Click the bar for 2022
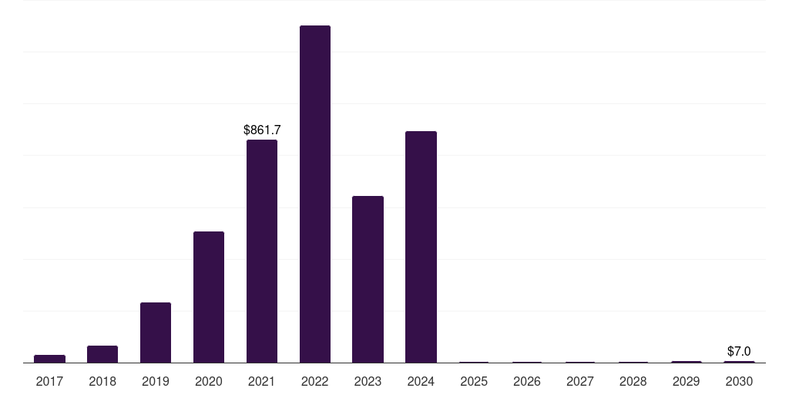click(x=315, y=194)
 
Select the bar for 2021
click(x=262, y=251)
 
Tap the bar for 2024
click(x=421, y=247)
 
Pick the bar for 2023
click(x=368, y=279)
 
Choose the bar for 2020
click(x=209, y=297)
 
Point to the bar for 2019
click(x=156, y=333)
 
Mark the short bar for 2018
click(x=102, y=354)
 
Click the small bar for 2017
click(x=49, y=359)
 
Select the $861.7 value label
click(x=262, y=130)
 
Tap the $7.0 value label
click(x=739, y=351)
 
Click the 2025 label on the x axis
click(x=474, y=381)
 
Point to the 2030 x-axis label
click(x=739, y=381)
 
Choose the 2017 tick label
click(x=49, y=381)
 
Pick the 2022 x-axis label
click(x=315, y=381)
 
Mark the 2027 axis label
click(x=580, y=381)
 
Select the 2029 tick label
click(x=687, y=381)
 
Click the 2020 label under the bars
click(x=209, y=381)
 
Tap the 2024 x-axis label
click(x=421, y=381)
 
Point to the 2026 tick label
click(x=527, y=381)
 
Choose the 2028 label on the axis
click(x=633, y=381)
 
